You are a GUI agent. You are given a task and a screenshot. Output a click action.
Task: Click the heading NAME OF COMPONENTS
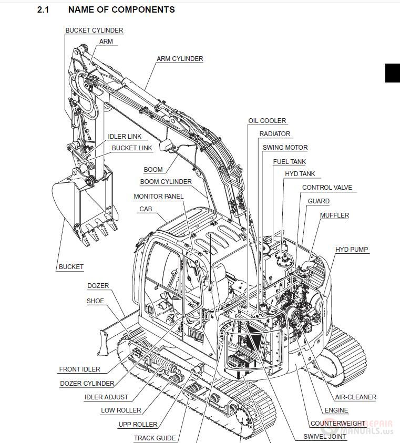121,9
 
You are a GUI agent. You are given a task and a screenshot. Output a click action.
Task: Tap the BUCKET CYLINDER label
94,30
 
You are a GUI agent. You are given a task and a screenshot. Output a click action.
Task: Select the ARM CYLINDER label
180,59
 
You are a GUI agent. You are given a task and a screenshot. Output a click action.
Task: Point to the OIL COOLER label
267,121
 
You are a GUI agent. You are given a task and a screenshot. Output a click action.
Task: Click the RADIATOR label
275,134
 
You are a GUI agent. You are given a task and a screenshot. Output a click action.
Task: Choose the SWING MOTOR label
285,148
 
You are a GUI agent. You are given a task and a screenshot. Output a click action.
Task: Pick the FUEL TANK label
289,162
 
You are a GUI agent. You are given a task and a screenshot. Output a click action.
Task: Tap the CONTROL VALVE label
327,188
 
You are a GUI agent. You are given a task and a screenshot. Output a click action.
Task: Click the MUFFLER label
334,215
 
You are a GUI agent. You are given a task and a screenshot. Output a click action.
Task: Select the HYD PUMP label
352,250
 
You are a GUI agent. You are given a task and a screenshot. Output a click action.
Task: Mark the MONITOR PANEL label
159,197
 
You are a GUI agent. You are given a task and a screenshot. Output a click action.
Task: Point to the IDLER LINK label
125,137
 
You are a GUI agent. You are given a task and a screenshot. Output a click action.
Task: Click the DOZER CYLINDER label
87,384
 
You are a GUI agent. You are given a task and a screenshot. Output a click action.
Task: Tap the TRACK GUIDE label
155,438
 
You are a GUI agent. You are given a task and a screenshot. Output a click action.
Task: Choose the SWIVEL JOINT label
324,436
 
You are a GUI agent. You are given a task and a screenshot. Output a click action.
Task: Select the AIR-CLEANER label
355,397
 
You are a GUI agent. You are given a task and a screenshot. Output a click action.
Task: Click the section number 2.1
43,9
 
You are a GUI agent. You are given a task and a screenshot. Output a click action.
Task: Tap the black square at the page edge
393,73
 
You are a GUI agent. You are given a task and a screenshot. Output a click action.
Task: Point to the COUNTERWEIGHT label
338,424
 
